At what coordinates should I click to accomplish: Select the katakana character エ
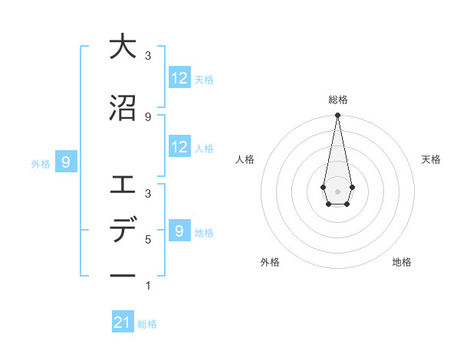[x=123, y=185]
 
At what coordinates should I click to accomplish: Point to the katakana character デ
[x=123, y=231]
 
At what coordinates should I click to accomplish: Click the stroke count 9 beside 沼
[x=148, y=116]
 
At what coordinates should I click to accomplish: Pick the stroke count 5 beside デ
[x=148, y=240]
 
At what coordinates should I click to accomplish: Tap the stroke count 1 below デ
[x=148, y=286]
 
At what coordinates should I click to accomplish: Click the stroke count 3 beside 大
[x=148, y=55]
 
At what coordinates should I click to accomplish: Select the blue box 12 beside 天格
[x=179, y=78]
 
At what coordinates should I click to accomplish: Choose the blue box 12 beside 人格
[x=179, y=147]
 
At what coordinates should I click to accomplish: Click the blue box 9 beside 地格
[x=179, y=231]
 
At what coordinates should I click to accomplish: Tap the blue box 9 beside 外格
[x=66, y=162]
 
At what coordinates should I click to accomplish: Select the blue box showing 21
[x=123, y=323]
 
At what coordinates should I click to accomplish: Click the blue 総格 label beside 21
[x=147, y=324]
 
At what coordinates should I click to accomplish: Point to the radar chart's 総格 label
[x=337, y=100]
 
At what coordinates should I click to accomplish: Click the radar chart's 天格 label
[x=432, y=159]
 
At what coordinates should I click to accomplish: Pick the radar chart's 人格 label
[x=245, y=159]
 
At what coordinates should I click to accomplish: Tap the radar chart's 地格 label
[x=402, y=262]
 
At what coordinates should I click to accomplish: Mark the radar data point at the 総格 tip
[x=337, y=116]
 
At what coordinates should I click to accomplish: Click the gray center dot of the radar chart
[x=337, y=191]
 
